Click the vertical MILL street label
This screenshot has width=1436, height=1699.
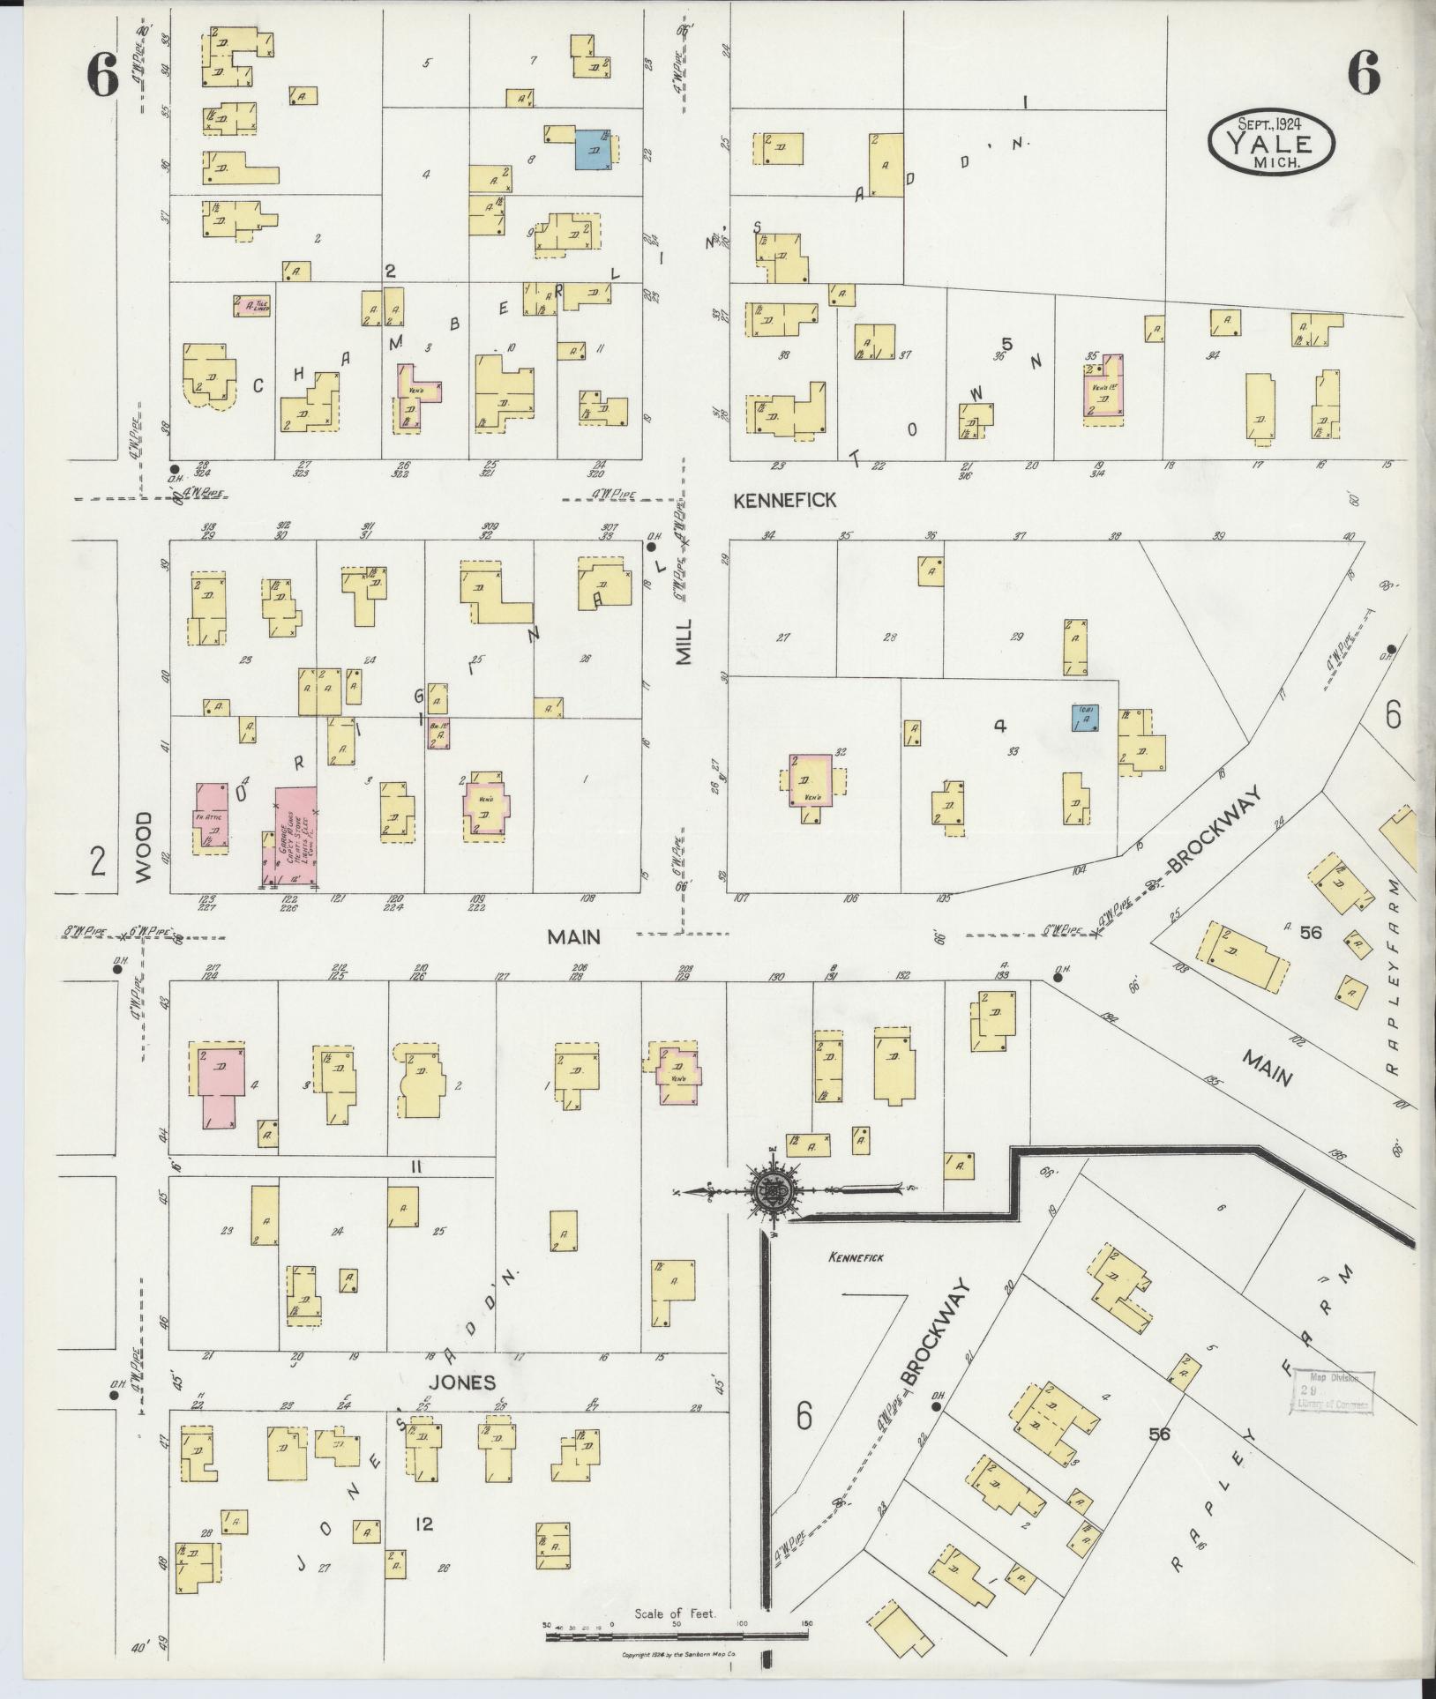[x=685, y=641]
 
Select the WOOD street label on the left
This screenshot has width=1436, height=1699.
[x=144, y=847]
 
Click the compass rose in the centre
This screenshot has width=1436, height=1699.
[x=774, y=1190]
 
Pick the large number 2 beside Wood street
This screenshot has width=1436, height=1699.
[x=97, y=860]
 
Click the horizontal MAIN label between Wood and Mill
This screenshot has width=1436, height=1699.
[x=573, y=937]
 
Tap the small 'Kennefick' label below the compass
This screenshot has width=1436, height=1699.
[x=855, y=1258]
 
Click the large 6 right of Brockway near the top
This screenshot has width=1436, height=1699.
[x=1392, y=713]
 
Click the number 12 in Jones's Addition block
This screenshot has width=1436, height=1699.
[x=424, y=1524]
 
